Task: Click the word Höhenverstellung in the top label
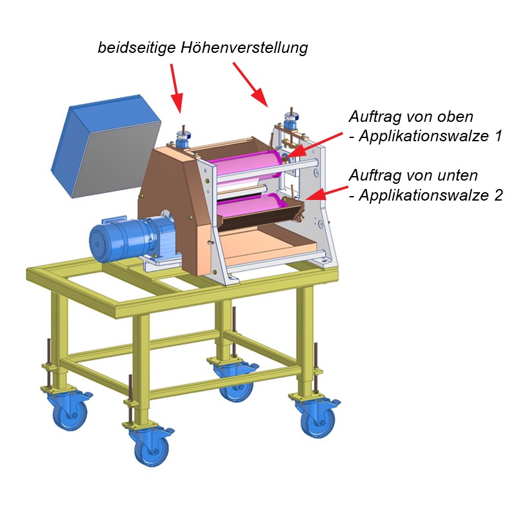pos(244,48)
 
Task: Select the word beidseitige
pos(137,47)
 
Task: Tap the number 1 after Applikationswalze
pos(498,136)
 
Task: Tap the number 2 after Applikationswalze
pos(498,195)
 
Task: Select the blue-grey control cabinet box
pos(106,146)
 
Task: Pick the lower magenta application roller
pos(250,206)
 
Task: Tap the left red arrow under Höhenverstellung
pos(176,88)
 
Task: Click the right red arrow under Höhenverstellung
pos(251,85)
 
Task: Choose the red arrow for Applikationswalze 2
pos(326,193)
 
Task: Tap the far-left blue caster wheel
pos(70,413)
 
